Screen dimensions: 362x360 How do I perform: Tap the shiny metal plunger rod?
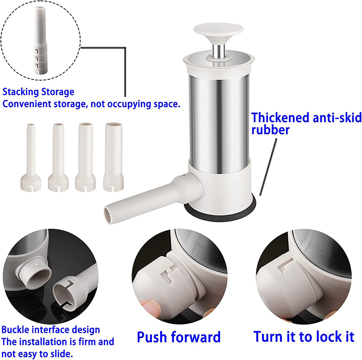point(219,51)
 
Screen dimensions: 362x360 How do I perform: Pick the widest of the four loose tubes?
point(114,157)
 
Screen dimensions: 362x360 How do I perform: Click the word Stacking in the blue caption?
point(20,92)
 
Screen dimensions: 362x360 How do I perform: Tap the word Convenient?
point(27,104)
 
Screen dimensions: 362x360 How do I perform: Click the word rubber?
point(270,130)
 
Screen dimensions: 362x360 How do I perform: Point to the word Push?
point(152,337)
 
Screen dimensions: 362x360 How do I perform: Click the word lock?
point(323,336)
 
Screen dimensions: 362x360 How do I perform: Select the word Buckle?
point(15,330)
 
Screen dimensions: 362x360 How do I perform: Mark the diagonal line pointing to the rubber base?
point(268,167)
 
